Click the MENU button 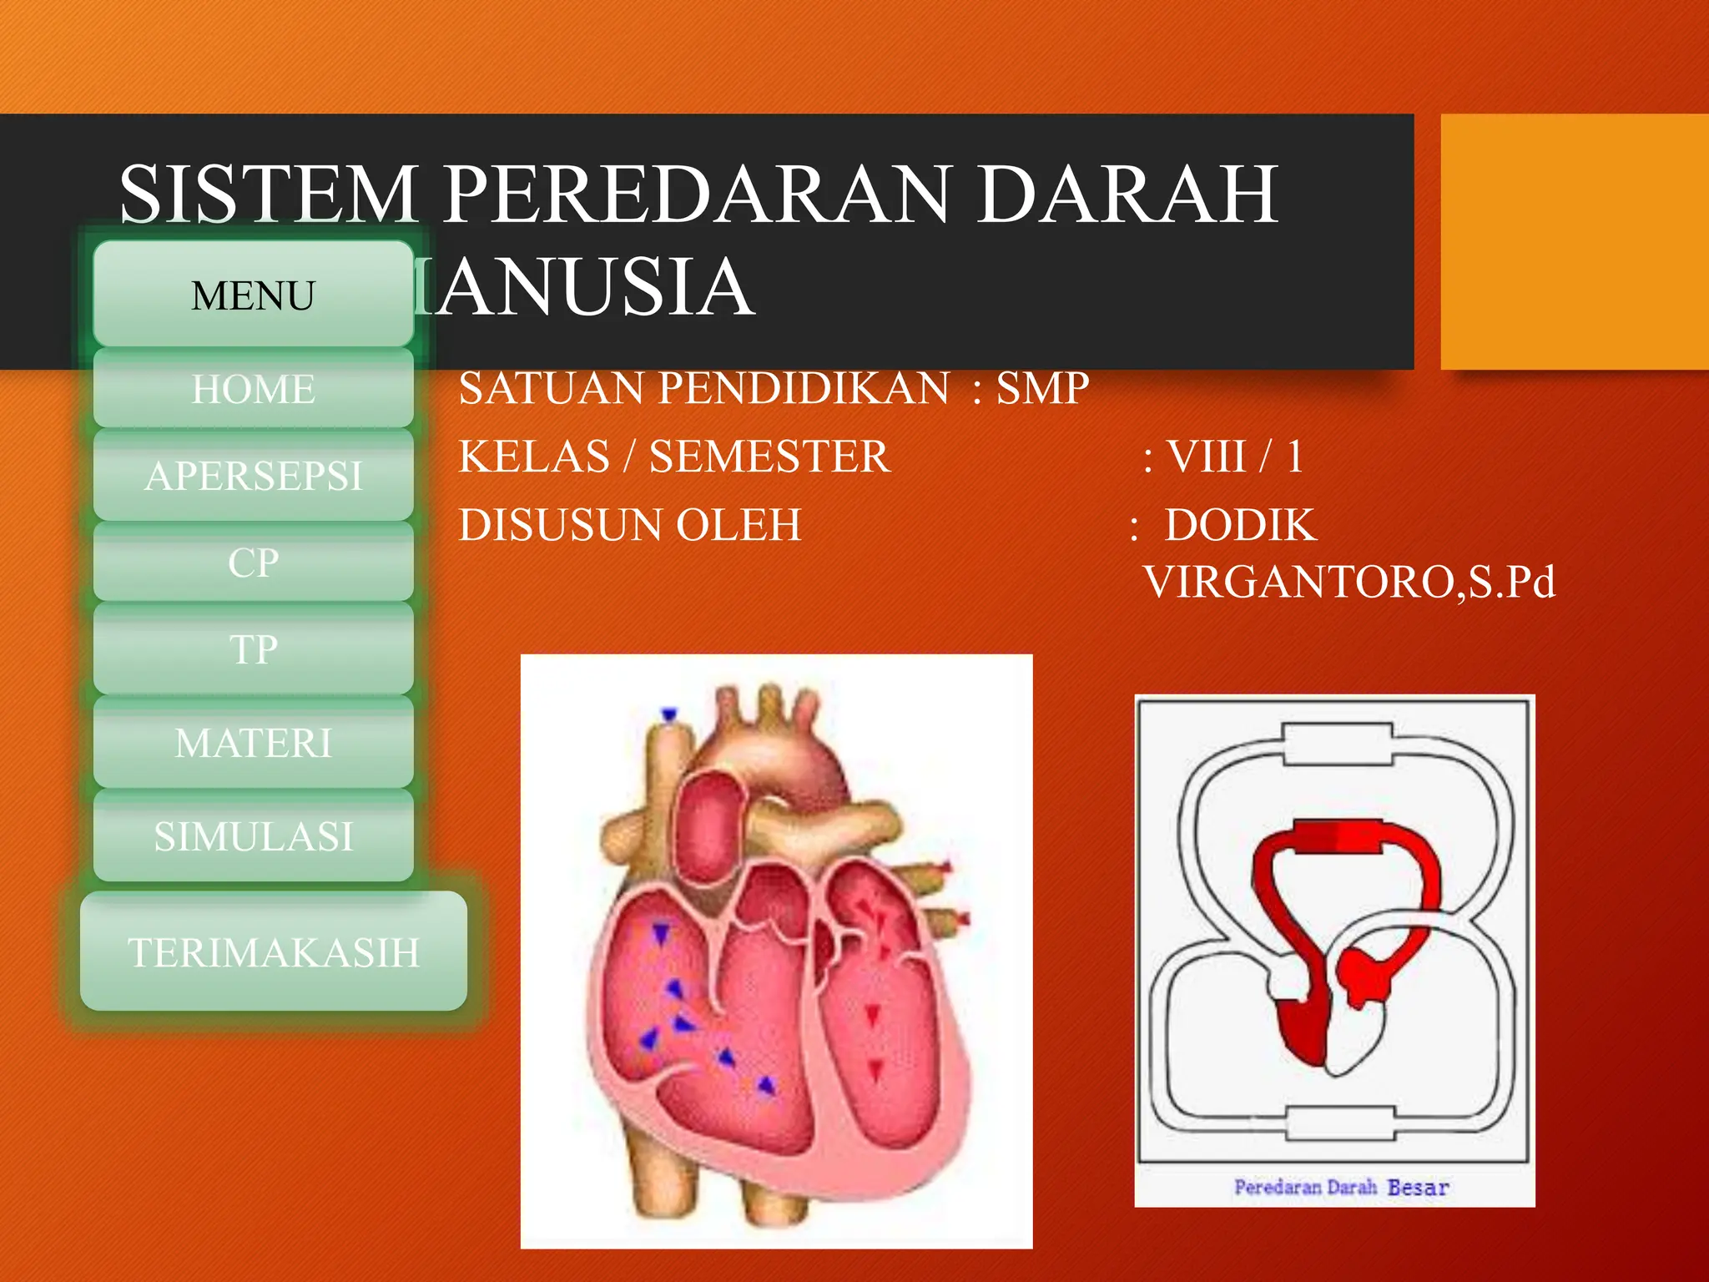point(253,295)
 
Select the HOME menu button point(253,389)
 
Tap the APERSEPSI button point(253,476)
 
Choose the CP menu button point(253,563)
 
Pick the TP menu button point(253,649)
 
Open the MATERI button point(253,743)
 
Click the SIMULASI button point(253,836)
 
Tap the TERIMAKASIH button point(273,952)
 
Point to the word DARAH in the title point(1127,194)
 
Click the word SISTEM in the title point(269,194)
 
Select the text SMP point(1042,388)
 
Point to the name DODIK point(1240,525)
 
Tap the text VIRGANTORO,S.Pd point(1349,582)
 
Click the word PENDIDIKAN point(804,388)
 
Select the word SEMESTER point(769,457)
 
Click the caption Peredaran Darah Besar point(1341,1187)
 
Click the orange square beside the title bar point(1574,242)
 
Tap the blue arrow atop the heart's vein point(668,714)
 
